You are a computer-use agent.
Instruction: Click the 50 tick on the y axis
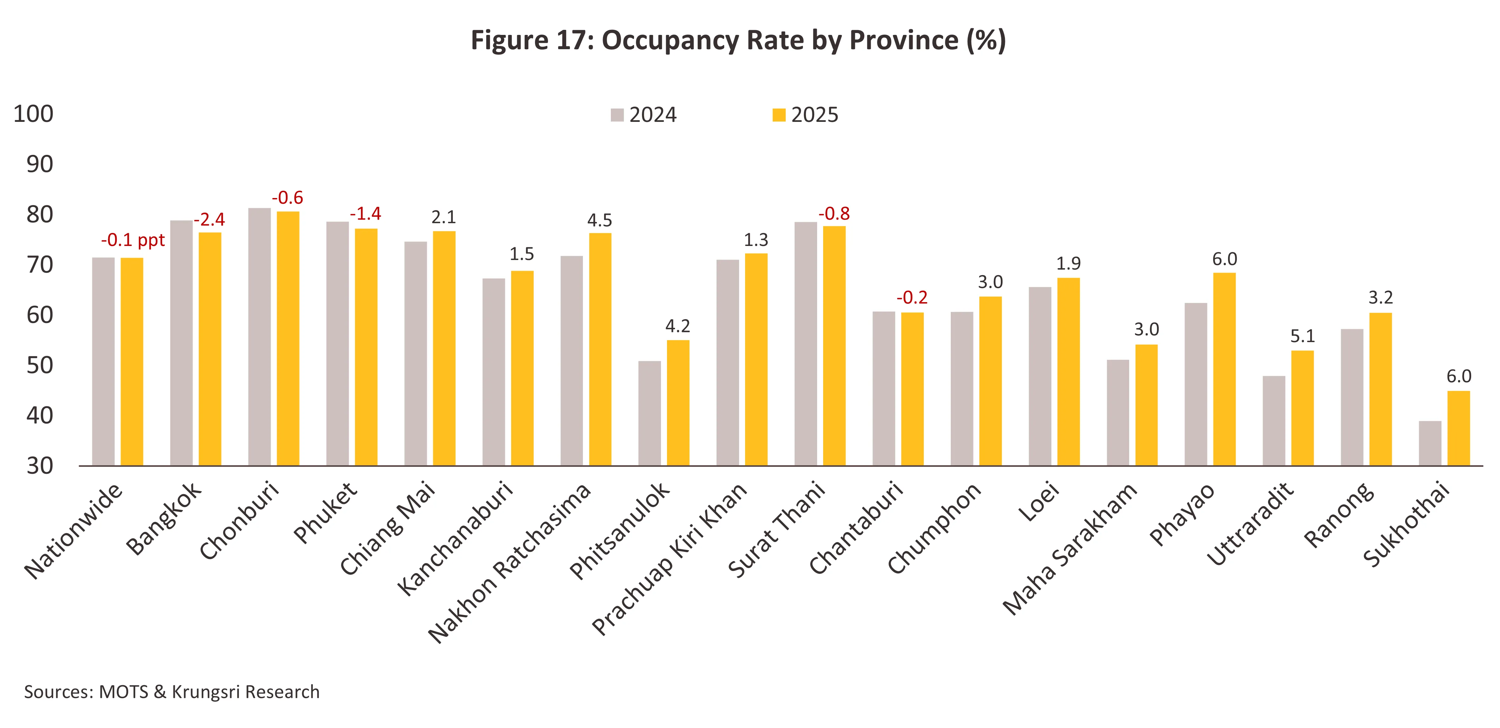40,365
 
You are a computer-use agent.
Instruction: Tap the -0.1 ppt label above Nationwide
133,240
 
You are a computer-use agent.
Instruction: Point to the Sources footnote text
172,692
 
